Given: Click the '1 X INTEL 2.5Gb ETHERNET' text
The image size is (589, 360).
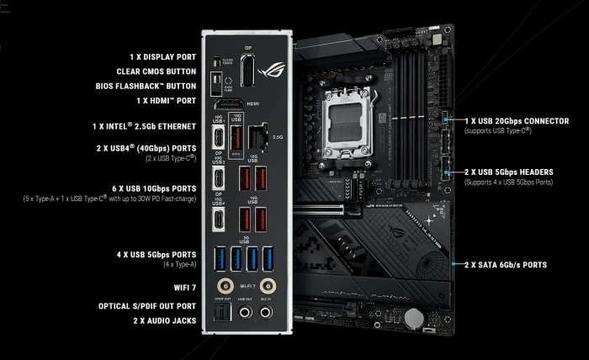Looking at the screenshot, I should point(144,126).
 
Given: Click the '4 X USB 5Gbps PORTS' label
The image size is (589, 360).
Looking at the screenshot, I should point(156,253).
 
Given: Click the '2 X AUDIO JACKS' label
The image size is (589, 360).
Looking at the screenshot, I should point(164,321).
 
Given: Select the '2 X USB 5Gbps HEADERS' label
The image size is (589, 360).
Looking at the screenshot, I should point(508,172).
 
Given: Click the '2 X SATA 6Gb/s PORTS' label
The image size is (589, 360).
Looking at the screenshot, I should point(505,264).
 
